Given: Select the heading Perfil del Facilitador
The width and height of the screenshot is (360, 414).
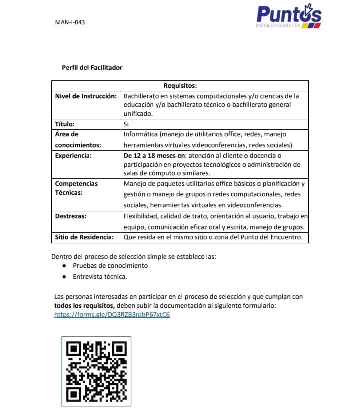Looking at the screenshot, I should pyautogui.click(x=92, y=67).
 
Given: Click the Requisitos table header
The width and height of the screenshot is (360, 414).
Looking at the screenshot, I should pyautogui.click(x=180, y=86).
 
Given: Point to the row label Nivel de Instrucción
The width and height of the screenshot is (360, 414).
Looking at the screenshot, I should pyautogui.click(x=86, y=96).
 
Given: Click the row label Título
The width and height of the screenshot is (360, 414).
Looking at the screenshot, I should pyautogui.click(x=65, y=124).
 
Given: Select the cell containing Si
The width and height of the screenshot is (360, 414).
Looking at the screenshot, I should pyautogui.click(x=126, y=124).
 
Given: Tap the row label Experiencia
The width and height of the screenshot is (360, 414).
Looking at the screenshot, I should pyautogui.click(x=73, y=156).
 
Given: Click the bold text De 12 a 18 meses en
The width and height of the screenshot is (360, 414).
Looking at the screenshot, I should pyautogui.click(x=154, y=156).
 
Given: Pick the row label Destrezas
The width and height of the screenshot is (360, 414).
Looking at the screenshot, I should pyautogui.click(x=71, y=216).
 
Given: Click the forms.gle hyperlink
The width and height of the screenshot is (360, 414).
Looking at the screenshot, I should pyautogui.click(x=112, y=315).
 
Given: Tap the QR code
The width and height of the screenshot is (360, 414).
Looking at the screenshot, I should pyautogui.click(x=96, y=371).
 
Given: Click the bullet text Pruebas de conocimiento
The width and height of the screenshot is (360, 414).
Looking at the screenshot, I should pyautogui.click(x=110, y=265).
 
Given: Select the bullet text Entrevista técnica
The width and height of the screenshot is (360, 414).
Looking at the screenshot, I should pyautogui.click(x=100, y=276).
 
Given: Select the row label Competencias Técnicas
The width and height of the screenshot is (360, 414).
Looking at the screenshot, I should pyautogui.click(x=76, y=188).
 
